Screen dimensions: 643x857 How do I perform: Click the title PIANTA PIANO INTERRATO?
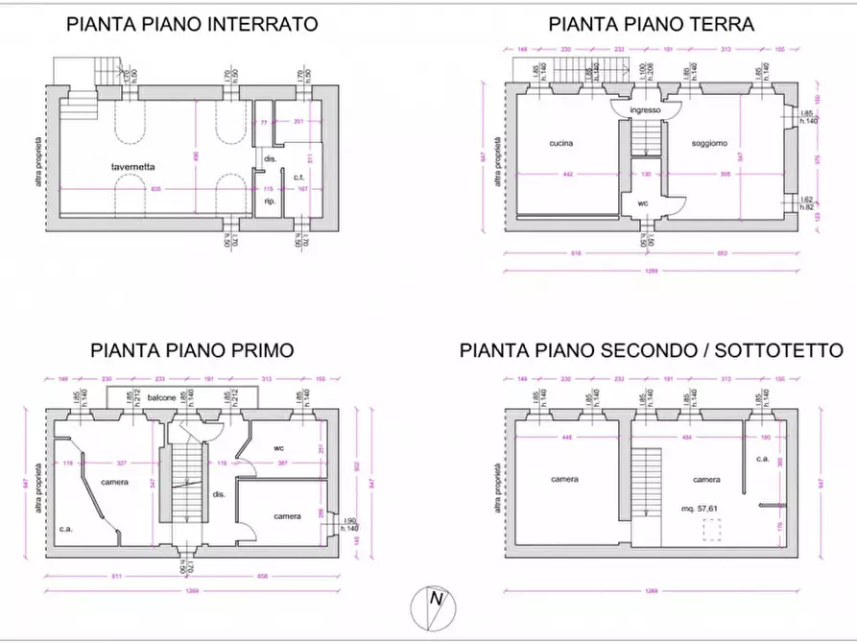coord(192,25)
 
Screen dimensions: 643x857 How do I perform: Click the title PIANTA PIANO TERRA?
coord(651,25)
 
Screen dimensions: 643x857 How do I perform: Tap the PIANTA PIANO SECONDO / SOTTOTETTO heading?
coord(651,350)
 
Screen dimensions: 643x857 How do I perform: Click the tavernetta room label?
coord(133,167)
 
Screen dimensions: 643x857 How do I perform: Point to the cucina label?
coord(561,144)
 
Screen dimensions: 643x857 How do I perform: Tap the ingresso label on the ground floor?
coord(646,110)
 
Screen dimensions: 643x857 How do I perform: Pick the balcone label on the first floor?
coord(162,397)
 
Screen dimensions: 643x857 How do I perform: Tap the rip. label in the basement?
coord(270,202)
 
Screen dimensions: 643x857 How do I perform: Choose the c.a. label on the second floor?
coord(763,460)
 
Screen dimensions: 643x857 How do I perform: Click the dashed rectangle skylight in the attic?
coord(712,531)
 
